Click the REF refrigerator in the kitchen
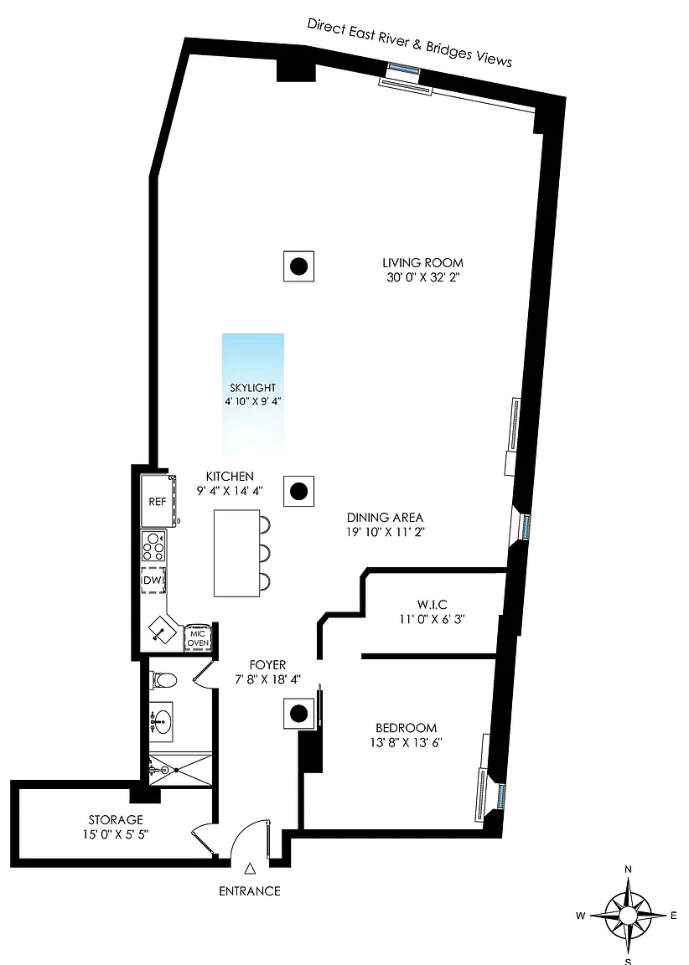[x=158, y=501]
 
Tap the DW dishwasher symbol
[x=153, y=581]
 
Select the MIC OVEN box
[x=199, y=638]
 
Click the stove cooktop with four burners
[x=153, y=546]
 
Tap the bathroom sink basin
[x=162, y=718]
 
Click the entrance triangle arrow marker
[x=250, y=869]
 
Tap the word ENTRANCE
[x=250, y=890]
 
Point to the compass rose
[x=628, y=915]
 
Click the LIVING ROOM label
[x=423, y=263]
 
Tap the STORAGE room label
[x=116, y=820]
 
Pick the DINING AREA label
[x=385, y=518]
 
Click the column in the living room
[x=298, y=266]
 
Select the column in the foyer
[x=298, y=714]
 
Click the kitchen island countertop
[x=237, y=553]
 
